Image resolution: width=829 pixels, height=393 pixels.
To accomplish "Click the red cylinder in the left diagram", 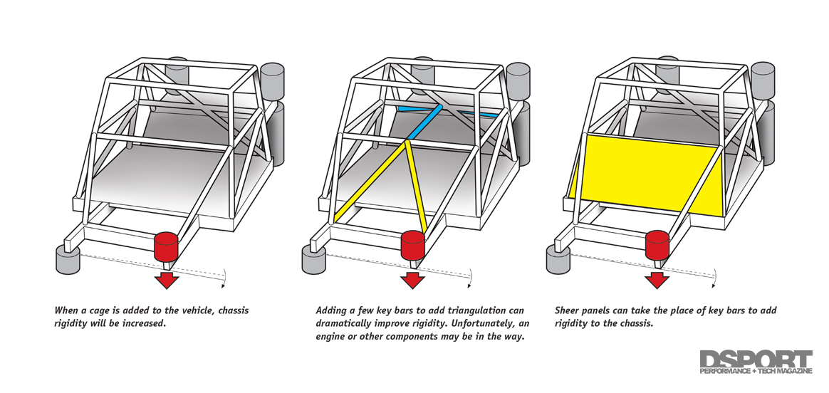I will (x=166, y=246).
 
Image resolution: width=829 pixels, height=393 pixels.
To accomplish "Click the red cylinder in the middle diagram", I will (x=412, y=246).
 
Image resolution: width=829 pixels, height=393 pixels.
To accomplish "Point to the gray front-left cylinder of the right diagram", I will (x=558, y=261).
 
